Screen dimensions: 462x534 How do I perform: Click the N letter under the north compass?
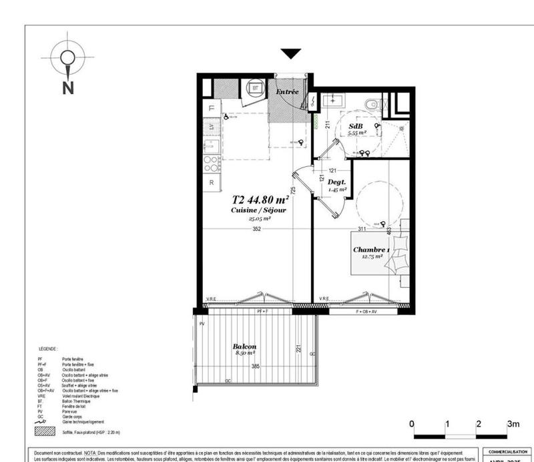(x=67, y=87)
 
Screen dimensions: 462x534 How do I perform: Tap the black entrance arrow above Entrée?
(x=291, y=54)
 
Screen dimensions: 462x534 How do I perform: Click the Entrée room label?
(x=287, y=91)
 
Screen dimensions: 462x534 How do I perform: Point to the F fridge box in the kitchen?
(x=211, y=107)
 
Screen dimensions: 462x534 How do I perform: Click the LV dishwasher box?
(x=211, y=126)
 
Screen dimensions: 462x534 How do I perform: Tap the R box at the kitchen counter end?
(x=211, y=182)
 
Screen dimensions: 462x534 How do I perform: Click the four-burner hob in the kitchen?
(x=211, y=162)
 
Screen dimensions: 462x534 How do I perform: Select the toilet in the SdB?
(x=374, y=103)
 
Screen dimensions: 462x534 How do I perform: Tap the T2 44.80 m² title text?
(x=260, y=199)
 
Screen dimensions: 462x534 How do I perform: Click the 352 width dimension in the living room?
(x=256, y=229)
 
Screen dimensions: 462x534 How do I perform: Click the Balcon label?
(x=244, y=346)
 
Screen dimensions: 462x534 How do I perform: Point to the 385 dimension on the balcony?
(x=255, y=367)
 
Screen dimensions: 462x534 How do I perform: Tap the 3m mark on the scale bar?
(x=513, y=424)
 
